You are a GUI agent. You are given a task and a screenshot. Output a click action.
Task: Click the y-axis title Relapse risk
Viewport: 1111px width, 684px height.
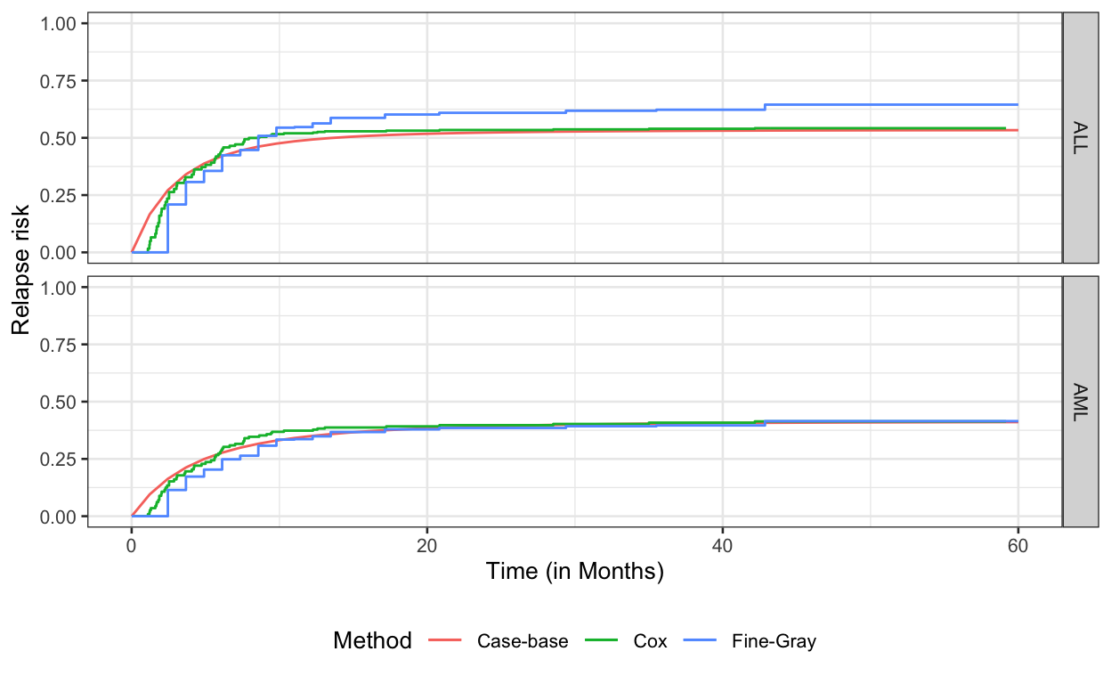(21, 271)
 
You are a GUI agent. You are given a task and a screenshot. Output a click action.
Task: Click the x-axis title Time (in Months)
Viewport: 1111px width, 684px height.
(574, 572)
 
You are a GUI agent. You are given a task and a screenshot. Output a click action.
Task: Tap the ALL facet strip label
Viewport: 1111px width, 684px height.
(1079, 138)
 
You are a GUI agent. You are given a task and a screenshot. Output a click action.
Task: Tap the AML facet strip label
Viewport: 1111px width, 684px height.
(1079, 402)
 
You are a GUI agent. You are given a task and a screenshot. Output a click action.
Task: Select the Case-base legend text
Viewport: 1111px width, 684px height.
(522, 641)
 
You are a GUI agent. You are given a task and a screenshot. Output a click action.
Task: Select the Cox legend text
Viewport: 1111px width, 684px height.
(650, 641)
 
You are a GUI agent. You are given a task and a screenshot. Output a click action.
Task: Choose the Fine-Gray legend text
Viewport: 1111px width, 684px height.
(773, 641)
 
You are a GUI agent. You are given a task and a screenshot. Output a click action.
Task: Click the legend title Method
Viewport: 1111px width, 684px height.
(372, 640)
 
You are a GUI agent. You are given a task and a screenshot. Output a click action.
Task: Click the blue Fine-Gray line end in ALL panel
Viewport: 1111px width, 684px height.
(1017, 104)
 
